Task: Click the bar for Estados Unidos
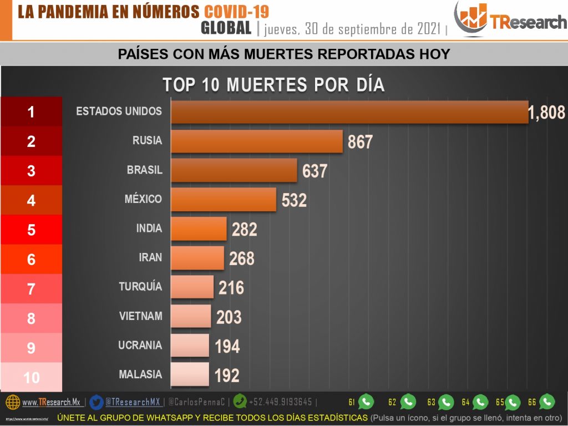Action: click(349, 112)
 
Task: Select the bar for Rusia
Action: click(256, 141)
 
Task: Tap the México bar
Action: click(223, 199)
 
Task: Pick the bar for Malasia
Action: click(189, 374)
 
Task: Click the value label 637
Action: click(315, 171)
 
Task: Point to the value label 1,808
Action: click(546, 113)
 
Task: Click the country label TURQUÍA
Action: click(140, 287)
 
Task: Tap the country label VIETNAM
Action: click(140, 316)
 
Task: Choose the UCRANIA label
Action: click(140, 345)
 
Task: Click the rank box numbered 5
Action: click(31, 230)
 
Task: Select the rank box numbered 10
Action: click(31, 378)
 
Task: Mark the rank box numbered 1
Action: click(31, 112)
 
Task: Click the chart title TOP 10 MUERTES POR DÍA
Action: click(273, 85)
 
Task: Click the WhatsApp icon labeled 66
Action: click(547, 402)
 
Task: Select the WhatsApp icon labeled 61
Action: click(366, 402)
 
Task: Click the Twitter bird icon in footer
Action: click(96, 402)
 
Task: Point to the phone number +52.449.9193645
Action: click(280, 402)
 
